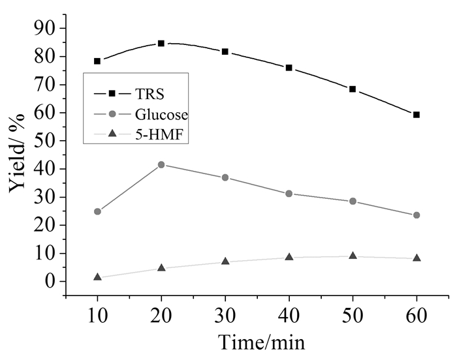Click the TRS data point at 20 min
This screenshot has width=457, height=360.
pyautogui.click(x=161, y=44)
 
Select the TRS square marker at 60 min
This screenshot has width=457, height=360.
pyautogui.click(x=417, y=115)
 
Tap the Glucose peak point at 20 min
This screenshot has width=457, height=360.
pyautogui.click(x=161, y=164)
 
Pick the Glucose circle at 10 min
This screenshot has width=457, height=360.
pyautogui.click(x=97, y=211)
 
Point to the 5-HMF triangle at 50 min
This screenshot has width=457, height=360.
pyautogui.click(x=353, y=256)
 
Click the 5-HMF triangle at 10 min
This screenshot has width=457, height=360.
pyautogui.click(x=97, y=277)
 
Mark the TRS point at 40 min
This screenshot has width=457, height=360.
pyautogui.click(x=289, y=68)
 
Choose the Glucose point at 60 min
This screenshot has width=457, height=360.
pyautogui.click(x=417, y=215)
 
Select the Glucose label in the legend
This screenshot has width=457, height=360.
pyautogui.click(x=162, y=115)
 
